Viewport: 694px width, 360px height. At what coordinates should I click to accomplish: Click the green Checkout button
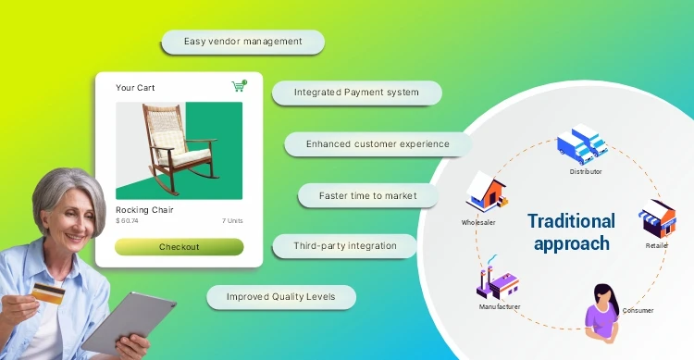(x=179, y=247)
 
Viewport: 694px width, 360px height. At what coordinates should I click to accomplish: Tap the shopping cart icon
(x=240, y=86)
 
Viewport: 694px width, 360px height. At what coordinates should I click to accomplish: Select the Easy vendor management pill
(x=242, y=42)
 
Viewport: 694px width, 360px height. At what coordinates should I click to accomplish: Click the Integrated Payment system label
(x=356, y=93)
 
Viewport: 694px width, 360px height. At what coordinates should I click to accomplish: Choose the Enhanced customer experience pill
(x=378, y=144)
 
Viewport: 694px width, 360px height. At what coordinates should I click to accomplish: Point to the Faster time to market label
(x=367, y=196)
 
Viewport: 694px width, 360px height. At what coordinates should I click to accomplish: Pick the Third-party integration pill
(x=345, y=246)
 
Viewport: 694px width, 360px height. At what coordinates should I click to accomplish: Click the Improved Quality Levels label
(x=280, y=297)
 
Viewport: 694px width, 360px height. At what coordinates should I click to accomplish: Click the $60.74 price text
(x=127, y=221)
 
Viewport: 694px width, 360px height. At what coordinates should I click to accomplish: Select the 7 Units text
(x=231, y=221)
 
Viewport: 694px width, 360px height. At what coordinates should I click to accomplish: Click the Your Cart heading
(x=135, y=88)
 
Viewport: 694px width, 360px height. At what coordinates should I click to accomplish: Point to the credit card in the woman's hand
(x=47, y=294)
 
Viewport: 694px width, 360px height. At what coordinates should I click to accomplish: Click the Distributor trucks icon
(x=582, y=143)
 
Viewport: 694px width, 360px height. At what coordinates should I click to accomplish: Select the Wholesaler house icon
(x=485, y=192)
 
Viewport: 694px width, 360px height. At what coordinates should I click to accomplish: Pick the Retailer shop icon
(x=658, y=218)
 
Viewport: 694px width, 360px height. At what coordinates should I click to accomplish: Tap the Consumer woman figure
(x=602, y=308)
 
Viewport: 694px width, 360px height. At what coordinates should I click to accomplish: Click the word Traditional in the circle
(x=571, y=221)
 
